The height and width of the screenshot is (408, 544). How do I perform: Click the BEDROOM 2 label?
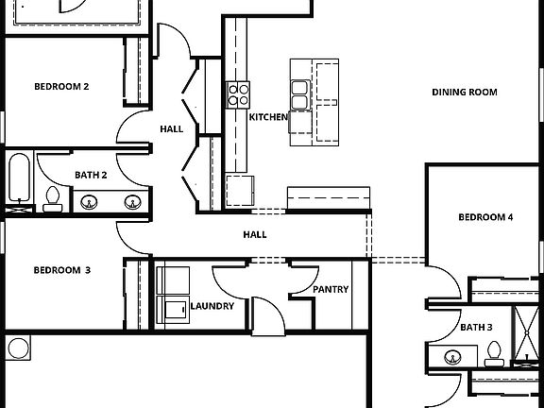[x=61, y=87]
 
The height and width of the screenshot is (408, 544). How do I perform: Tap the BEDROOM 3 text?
[x=61, y=270]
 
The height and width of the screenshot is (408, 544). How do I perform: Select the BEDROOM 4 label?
[x=485, y=217]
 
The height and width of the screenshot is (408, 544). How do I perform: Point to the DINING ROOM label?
[x=465, y=93]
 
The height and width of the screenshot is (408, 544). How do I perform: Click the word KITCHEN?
[x=268, y=117]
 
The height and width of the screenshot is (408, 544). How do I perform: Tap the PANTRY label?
[x=331, y=290]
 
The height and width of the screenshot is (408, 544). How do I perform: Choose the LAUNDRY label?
[x=212, y=306]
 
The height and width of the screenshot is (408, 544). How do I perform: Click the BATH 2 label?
[x=91, y=175]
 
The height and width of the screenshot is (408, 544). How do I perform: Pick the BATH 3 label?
[x=477, y=327]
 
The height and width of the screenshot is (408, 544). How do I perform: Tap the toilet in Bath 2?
[x=52, y=198]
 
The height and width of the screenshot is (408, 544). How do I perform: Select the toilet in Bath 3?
[x=492, y=354]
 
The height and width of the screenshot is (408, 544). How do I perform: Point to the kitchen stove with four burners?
[x=238, y=93]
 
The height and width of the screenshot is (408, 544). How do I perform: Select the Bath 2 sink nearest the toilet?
[x=91, y=201]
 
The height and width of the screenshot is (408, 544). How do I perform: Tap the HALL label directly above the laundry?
[x=255, y=234]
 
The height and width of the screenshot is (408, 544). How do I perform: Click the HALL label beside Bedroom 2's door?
[x=171, y=129]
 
